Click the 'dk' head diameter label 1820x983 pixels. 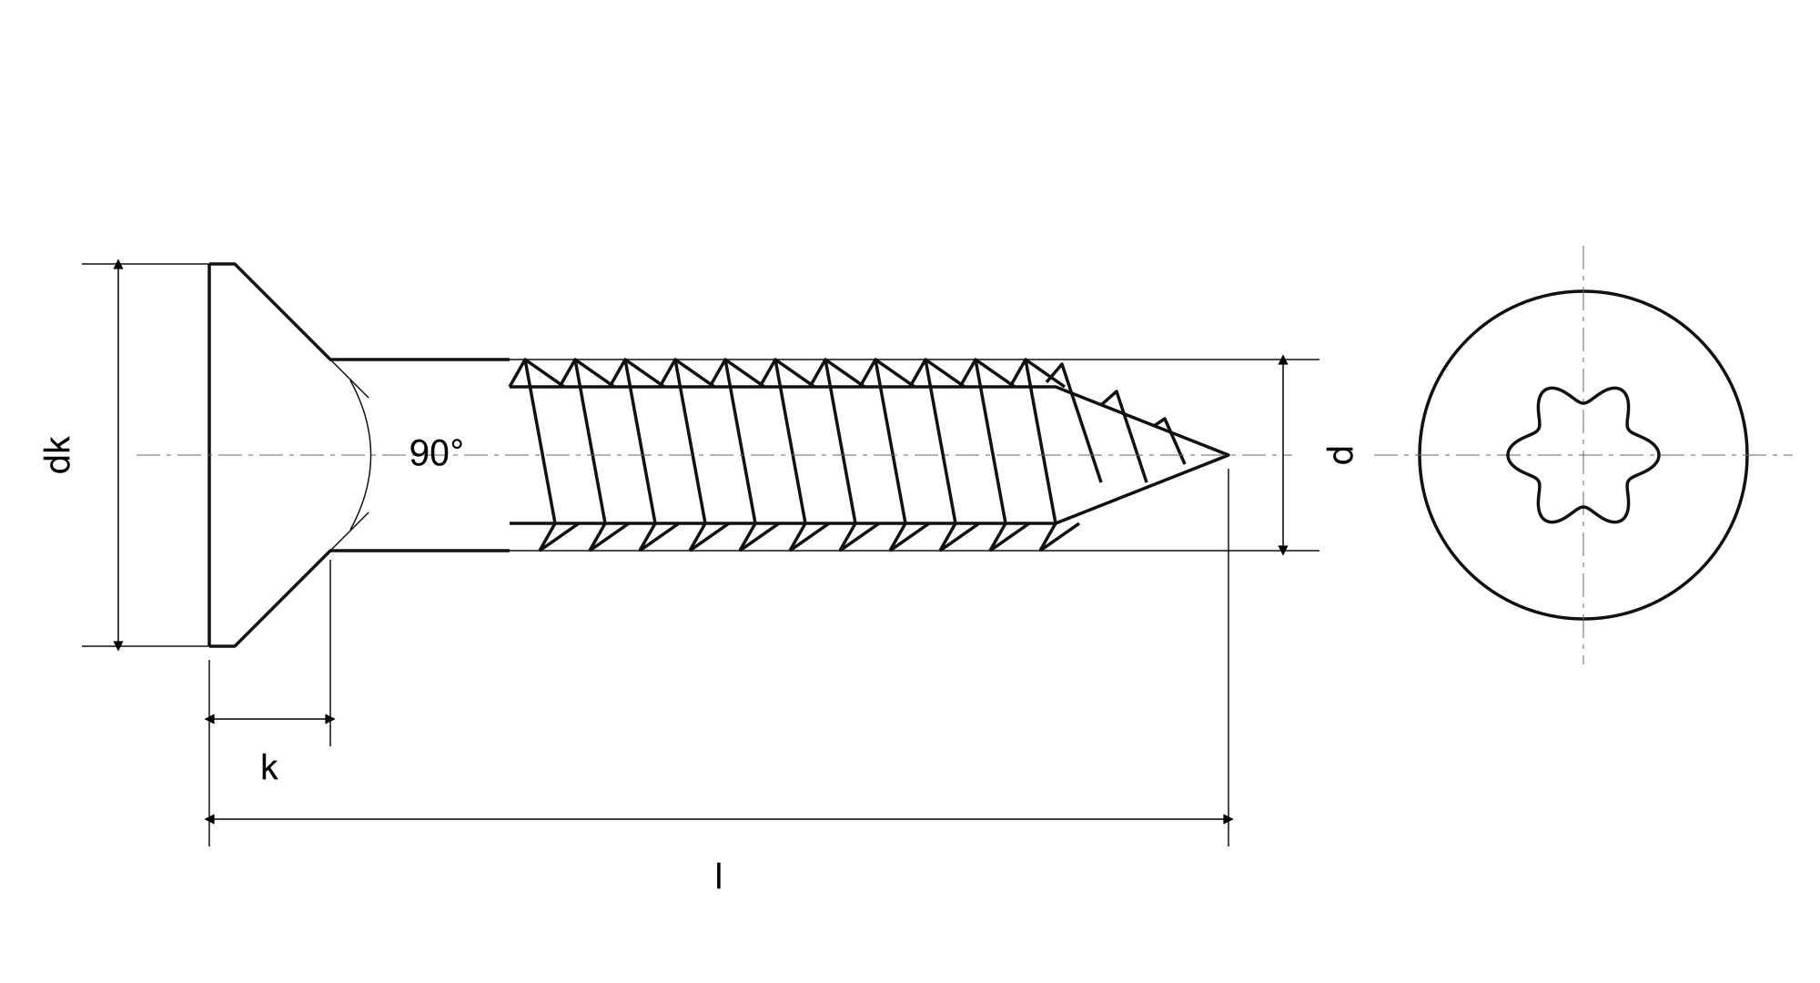[59, 455]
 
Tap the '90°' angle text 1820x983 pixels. [436, 453]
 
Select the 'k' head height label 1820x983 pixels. [268, 767]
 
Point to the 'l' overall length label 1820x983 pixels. [719, 876]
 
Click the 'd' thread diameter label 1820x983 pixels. [1341, 455]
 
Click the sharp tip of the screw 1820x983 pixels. [1228, 454]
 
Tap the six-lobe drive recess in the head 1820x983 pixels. [1583, 455]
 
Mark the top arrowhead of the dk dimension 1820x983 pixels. [118, 265]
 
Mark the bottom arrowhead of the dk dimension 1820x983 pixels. [118, 645]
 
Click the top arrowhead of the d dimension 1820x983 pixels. [1283, 360]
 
